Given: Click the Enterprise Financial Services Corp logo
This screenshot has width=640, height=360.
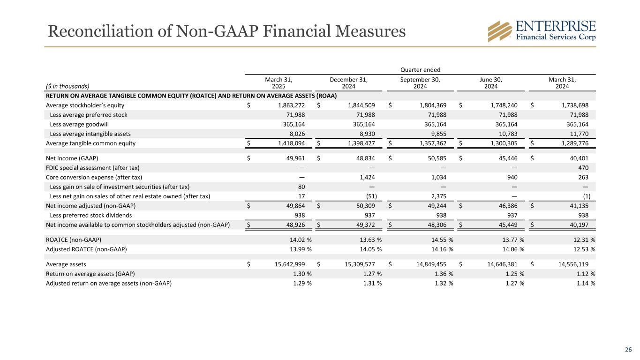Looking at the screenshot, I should [542, 31].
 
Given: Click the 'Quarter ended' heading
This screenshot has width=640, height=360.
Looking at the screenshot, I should [421, 69].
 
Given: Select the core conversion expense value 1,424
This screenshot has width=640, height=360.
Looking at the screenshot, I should [366, 177].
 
